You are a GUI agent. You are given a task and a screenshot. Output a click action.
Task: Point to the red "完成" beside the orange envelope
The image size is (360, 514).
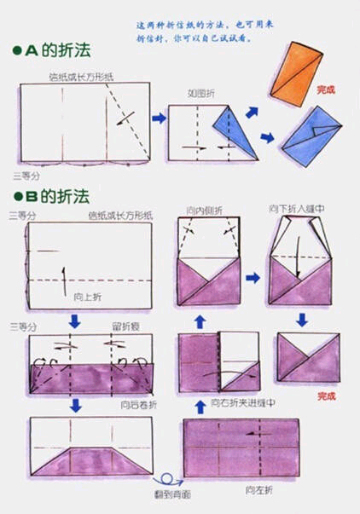pyautogui.click(x=326, y=88)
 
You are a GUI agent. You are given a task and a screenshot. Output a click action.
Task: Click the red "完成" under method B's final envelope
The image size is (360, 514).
pyautogui.click(x=326, y=396)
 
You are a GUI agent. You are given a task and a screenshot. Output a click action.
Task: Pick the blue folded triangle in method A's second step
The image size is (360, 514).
pyautogui.click(x=236, y=132)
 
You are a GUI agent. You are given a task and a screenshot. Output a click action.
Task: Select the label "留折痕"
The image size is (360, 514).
pyautogui.click(x=123, y=326)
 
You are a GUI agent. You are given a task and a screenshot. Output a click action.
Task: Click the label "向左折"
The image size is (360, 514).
pyautogui.click(x=257, y=490)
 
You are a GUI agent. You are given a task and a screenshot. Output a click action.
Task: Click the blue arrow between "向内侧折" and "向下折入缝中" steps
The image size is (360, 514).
pyautogui.click(x=253, y=278)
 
